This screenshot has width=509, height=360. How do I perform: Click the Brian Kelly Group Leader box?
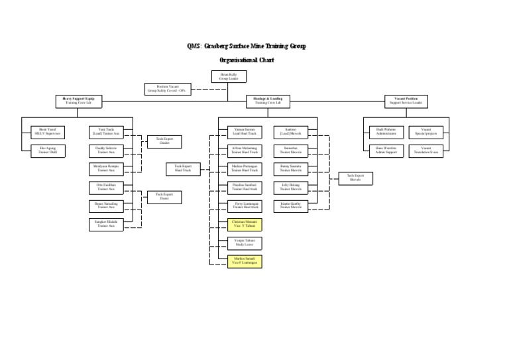click(229, 76)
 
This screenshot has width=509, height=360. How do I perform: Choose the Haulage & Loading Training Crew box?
click(268, 101)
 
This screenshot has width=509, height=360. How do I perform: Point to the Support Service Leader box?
click(406, 101)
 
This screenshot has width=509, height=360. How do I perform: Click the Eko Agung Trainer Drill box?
click(48, 150)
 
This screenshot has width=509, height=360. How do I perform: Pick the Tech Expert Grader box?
click(164, 141)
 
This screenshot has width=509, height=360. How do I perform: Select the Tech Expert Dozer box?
click(164, 196)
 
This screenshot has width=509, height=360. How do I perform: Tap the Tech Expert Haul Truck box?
click(182, 169)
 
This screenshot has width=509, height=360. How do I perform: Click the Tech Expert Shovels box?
click(355, 178)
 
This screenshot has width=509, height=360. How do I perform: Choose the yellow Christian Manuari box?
click(245, 224)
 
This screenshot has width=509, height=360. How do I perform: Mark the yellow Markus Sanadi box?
click(245, 261)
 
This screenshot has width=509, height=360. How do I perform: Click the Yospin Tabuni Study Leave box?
click(245, 243)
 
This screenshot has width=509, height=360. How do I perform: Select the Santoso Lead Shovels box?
click(290, 132)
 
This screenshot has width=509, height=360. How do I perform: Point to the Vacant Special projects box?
click(425, 132)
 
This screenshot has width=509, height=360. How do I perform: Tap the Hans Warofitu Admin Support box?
click(385, 150)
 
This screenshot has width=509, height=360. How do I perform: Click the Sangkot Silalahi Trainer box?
click(106, 224)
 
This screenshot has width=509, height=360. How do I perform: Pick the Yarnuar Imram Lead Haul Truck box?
click(245, 132)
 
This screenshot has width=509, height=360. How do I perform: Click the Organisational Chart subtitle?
click(247, 60)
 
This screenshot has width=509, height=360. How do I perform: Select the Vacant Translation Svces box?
click(425, 150)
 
